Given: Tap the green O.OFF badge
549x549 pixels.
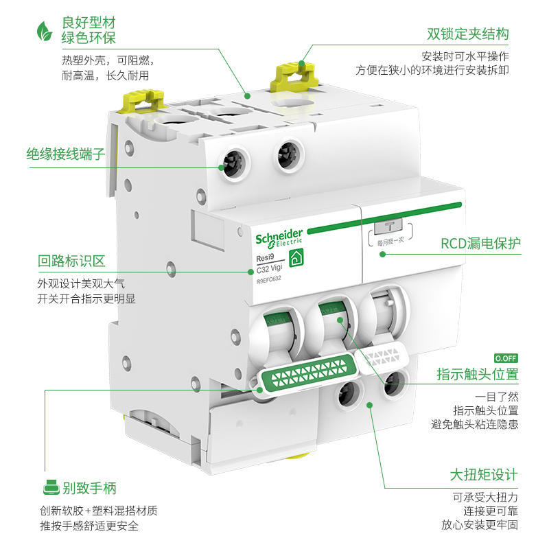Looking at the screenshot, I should pyautogui.click(x=506, y=358).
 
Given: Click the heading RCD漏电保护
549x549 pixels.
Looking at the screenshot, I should pyautogui.click(x=480, y=244).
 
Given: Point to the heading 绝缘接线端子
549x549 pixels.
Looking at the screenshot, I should pyautogui.click(x=66, y=154).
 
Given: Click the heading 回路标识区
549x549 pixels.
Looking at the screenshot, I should pyautogui.click(x=71, y=261).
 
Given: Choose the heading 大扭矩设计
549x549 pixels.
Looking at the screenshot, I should pyautogui.click(x=483, y=475).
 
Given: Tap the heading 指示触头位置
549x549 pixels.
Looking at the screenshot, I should pyautogui.click(x=477, y=375).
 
